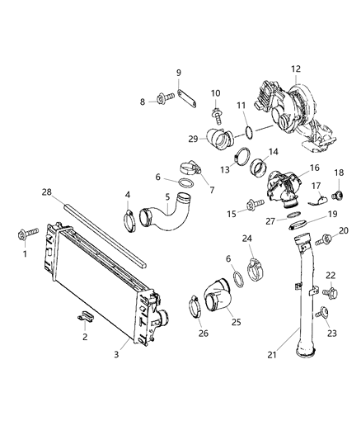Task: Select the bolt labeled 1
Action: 25,236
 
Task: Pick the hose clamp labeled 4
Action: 129,220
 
